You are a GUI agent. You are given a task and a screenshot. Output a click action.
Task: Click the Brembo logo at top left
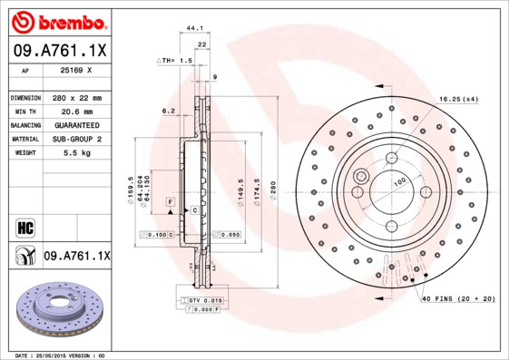coord(59,20)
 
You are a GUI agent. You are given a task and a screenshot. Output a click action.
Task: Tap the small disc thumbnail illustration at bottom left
coord(56,312)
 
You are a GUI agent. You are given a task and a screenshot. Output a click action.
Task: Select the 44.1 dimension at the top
coord(194,29)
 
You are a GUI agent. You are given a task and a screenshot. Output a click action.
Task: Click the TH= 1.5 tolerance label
coord(177,60)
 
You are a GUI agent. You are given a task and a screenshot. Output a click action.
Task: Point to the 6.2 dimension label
coord(168,111)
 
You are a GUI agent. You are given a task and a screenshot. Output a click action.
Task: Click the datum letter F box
coord(169,199)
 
